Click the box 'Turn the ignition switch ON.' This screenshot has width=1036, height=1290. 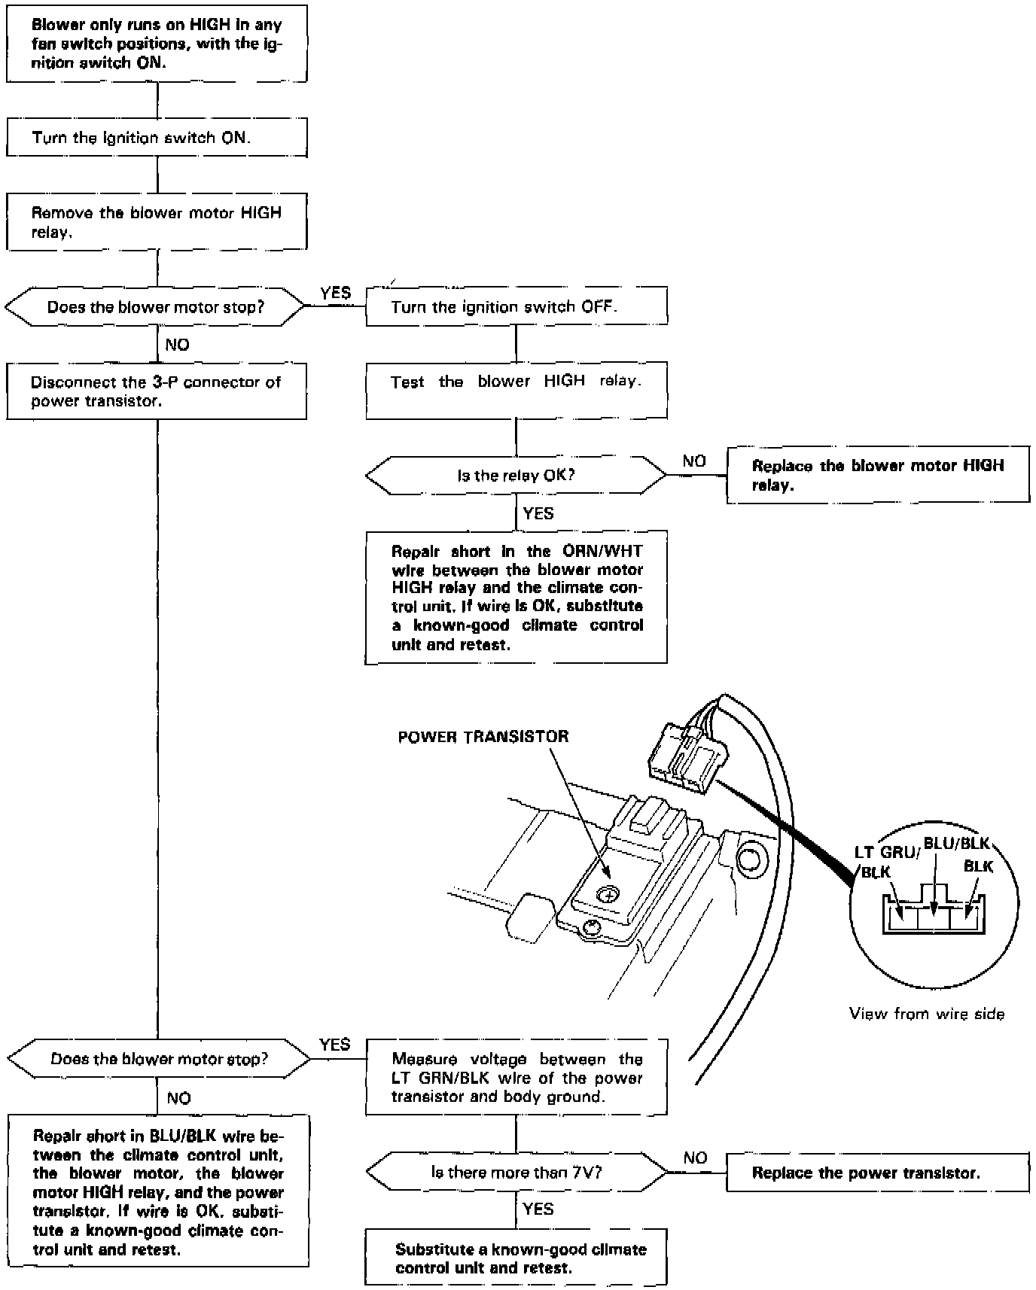[157, 138]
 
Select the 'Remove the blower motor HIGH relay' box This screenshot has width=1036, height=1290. [157, 222]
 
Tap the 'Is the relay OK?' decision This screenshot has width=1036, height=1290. [516, 476]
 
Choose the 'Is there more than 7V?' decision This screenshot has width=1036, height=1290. [516, 1172]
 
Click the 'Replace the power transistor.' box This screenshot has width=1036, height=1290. [877, 1173]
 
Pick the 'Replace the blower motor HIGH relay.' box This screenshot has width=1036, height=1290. [877, 476]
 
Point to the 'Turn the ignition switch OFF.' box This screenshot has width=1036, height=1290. [516, 307]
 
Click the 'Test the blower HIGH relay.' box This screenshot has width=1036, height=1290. [516, 391]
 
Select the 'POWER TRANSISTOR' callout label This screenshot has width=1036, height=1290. [483, 737]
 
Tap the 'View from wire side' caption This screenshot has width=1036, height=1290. [927, 1014]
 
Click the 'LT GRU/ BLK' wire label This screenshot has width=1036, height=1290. [885, 862]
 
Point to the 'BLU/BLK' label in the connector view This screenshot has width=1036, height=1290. [956, 844]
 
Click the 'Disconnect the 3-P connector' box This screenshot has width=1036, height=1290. [157, 391]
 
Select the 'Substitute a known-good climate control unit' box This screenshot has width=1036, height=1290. [516, 1258]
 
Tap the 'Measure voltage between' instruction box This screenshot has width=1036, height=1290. [516, 1078]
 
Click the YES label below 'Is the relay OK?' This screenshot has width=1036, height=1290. [538, 514]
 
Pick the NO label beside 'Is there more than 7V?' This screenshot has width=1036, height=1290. [695, 1158]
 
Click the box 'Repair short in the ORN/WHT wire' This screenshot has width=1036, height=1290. [516, 598]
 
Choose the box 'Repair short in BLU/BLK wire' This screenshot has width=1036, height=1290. [158, 1192]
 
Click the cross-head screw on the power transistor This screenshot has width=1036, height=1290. [608, 894]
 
